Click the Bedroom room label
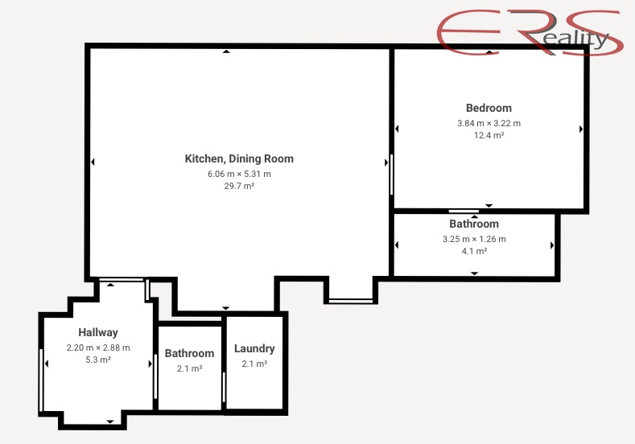pos(489,108)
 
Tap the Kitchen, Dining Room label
pos(239,158)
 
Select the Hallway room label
pos(98,333)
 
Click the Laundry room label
pos(254,348)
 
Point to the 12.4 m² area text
pos(489,135)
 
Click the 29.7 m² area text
pos(239,186)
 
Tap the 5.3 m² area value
pos(98,360)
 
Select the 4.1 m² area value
pos(474,251)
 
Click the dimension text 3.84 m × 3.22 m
pos(489,123)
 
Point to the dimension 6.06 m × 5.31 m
pos(239,174)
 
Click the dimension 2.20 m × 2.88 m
pos(98,347)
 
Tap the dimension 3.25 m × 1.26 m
pos(474,239)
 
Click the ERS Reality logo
pos(530,32)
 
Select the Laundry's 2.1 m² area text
pos(254,364)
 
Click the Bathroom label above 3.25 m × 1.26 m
pos(474,224)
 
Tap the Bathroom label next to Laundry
pos(189,353)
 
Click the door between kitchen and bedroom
pos(392,175)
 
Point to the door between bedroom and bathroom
pos(464,212)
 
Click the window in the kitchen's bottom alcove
pos(351,301)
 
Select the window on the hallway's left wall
pos(41,380)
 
